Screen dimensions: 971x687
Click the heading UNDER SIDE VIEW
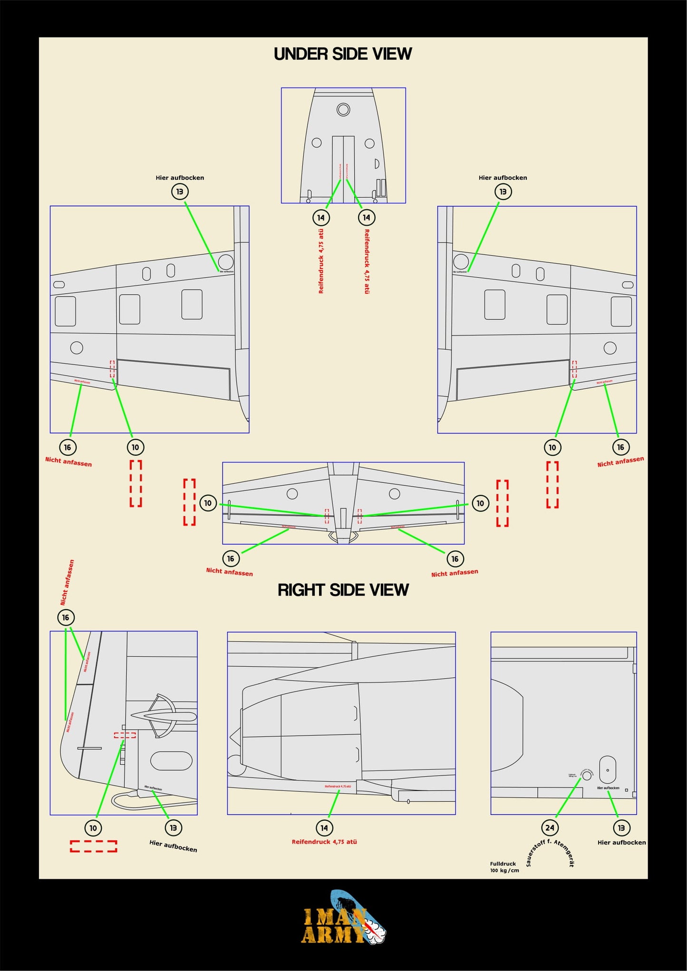click(x=342, y=54)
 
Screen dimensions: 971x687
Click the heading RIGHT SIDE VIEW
click(x=343, y=590)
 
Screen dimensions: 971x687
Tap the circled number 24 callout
click(x=550, y=828)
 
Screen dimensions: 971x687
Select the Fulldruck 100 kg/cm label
click(x=504, y=867)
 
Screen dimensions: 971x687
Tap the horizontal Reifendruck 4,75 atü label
click(x=324, y=842)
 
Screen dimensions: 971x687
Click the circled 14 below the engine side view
click(x=324, y=828)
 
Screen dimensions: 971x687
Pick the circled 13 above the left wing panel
click(x=180, y=192)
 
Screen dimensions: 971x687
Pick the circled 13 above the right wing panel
click(x=503, y=192)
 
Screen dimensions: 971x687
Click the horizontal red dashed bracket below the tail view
click(x=94, y=846)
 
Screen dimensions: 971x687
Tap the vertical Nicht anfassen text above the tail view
click(x=67, y=582)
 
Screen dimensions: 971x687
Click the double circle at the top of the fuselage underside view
click(x=343, y=110)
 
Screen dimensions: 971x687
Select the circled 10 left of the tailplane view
click(x=208, y=503)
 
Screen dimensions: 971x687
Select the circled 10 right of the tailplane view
click(x=480, y=503)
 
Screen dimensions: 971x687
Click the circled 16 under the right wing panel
click(x=620, y=447)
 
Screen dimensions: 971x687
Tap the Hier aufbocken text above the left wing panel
click(x=180, y=178)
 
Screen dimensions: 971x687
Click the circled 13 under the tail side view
click(x=174, y=828)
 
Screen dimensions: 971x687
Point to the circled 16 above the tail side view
click(x=66, y=617)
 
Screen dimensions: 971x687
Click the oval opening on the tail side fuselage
click(x=171, y=760)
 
